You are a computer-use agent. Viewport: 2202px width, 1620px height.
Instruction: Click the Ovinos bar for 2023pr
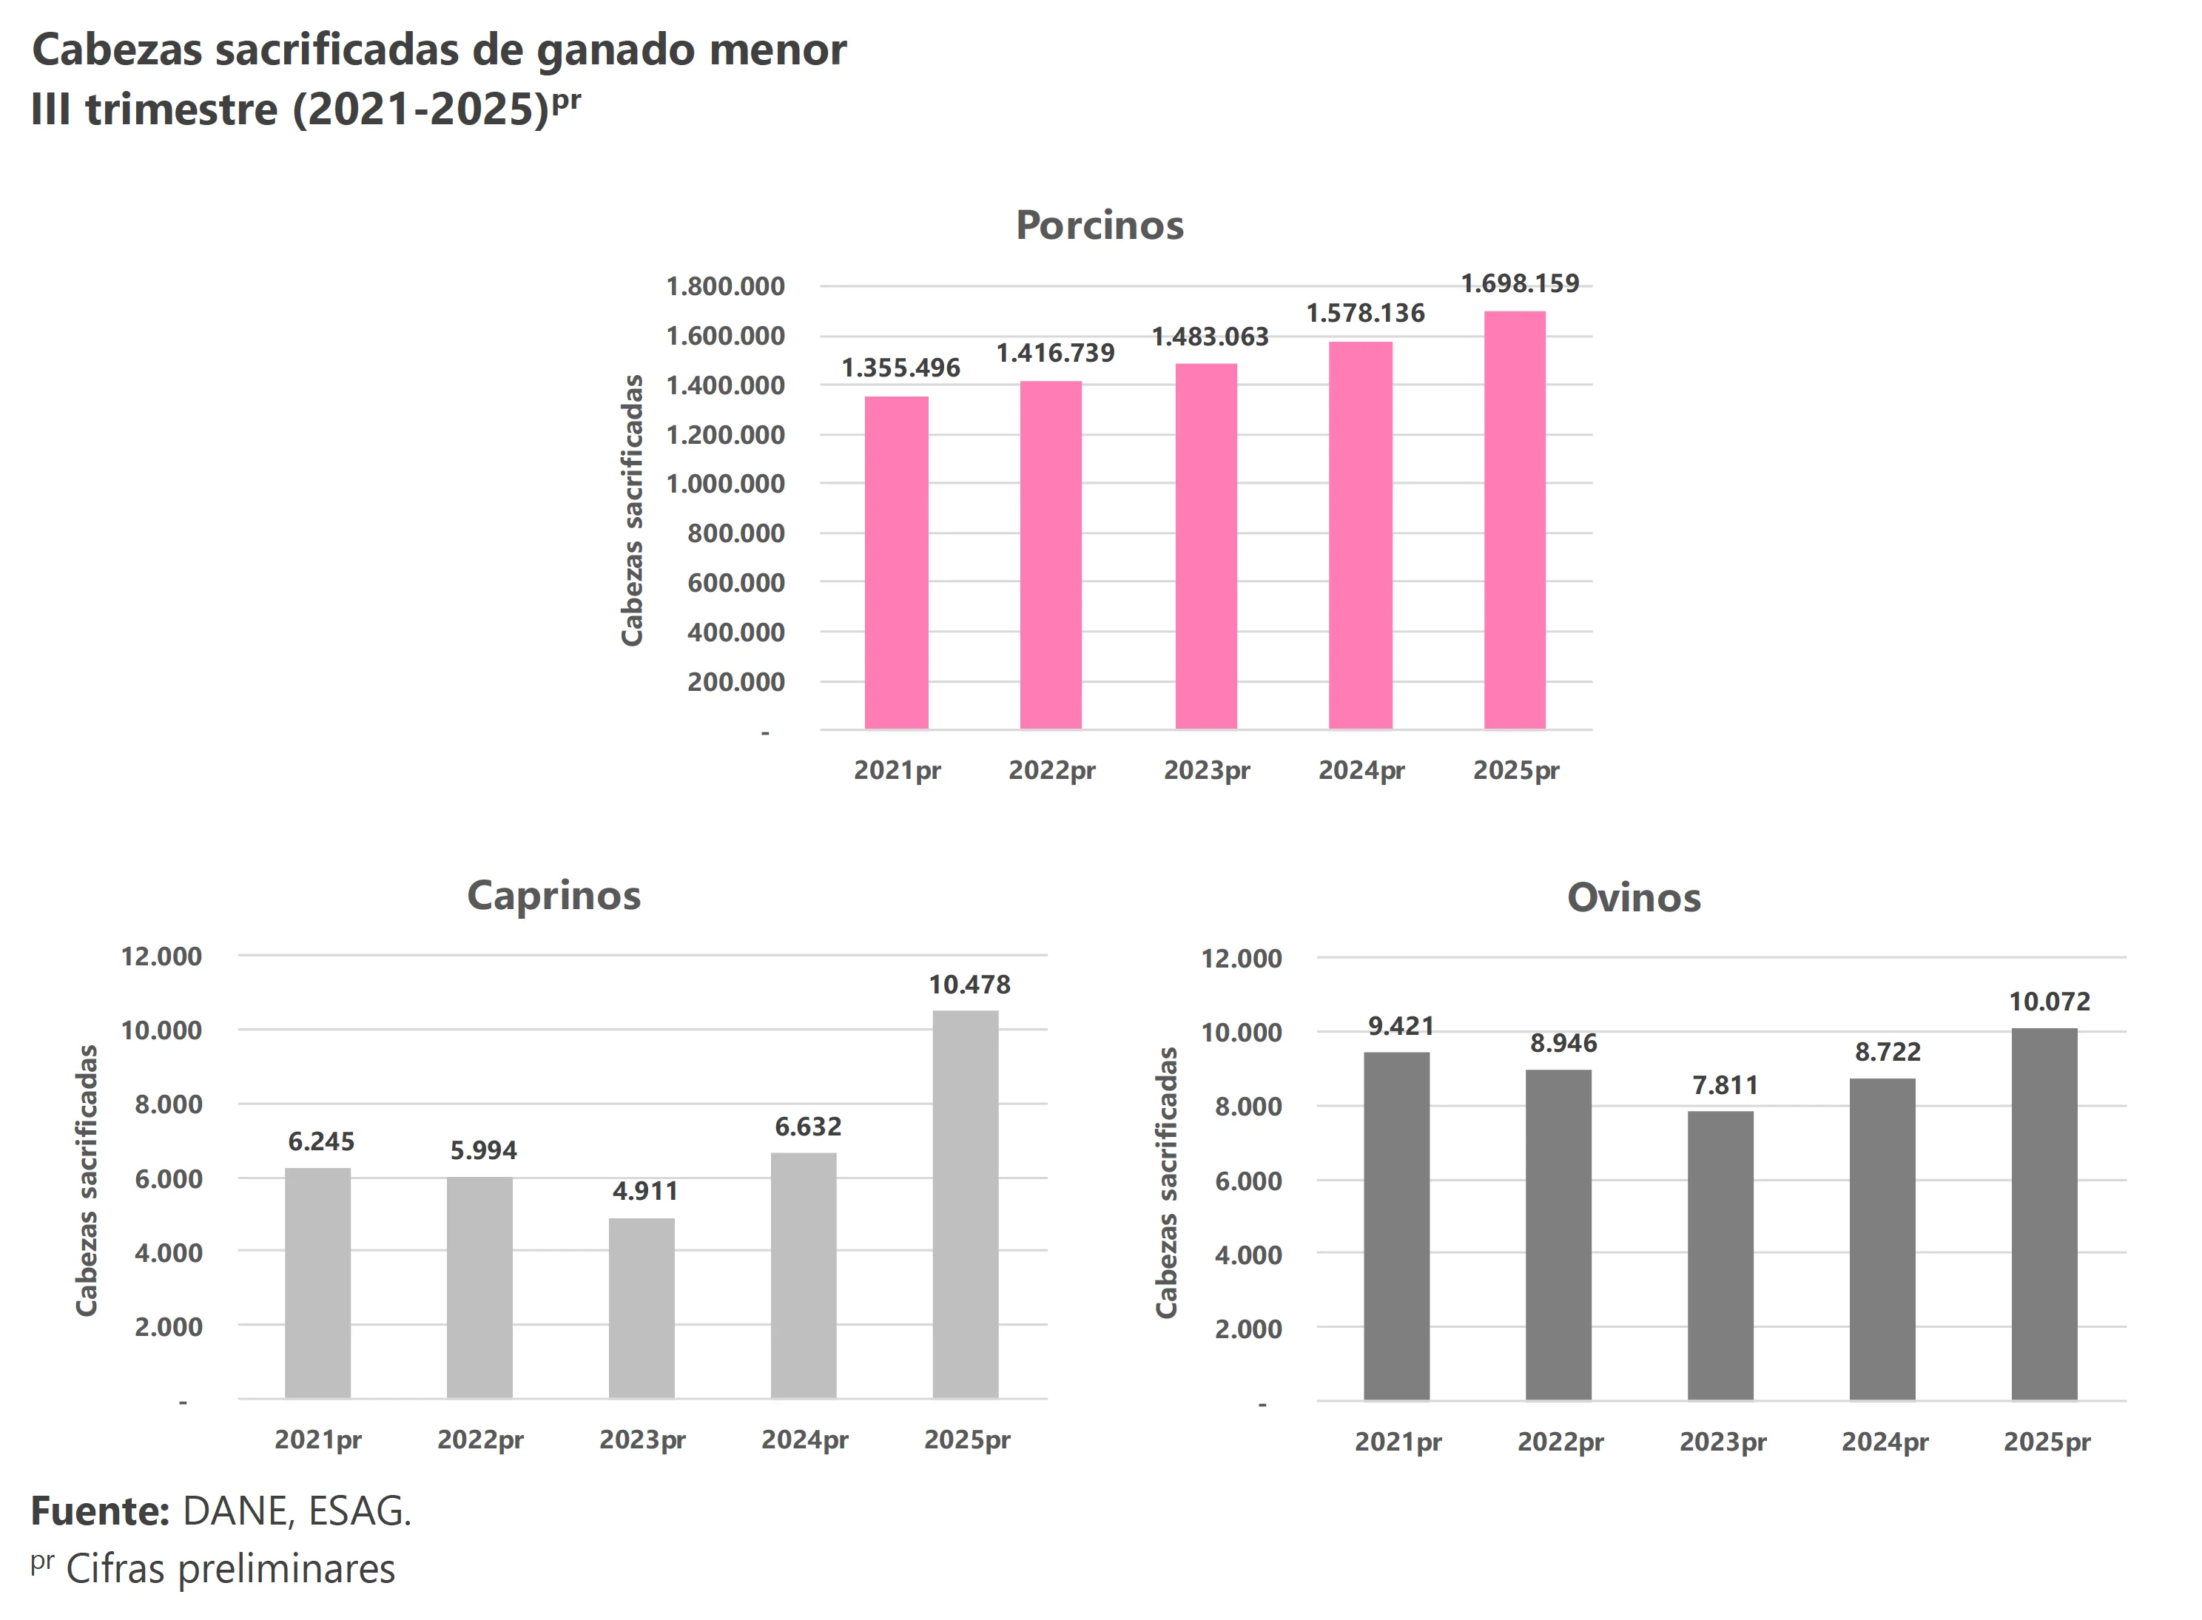click(1720, 1255)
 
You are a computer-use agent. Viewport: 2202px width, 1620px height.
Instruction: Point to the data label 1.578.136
click(1364, 314)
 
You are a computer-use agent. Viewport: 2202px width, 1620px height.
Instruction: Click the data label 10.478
click(969, 985)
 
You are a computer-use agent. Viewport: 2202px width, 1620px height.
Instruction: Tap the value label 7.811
click(1724, 1086)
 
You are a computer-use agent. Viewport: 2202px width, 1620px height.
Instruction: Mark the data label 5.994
click(482, 1150)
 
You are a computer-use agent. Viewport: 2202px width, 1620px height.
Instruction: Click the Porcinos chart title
click(1100, 226)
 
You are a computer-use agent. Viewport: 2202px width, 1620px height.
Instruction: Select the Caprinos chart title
click(553, 895)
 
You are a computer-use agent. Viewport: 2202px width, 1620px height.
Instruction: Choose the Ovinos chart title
click(1633, 898)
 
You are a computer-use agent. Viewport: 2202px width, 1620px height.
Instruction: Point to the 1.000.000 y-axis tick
click(725, 485)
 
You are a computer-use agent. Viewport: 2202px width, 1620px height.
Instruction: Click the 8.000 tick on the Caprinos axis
click(168, 1104)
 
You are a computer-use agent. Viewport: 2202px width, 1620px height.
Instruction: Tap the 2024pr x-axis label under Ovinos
click(1885, 1442)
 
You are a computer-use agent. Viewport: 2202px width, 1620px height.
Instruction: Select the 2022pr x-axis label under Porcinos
click(1051, 771)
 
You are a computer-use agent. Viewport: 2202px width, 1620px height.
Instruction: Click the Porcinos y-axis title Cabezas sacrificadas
click(633, 510)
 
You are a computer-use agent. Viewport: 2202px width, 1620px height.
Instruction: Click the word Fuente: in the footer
click(100, 1511)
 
